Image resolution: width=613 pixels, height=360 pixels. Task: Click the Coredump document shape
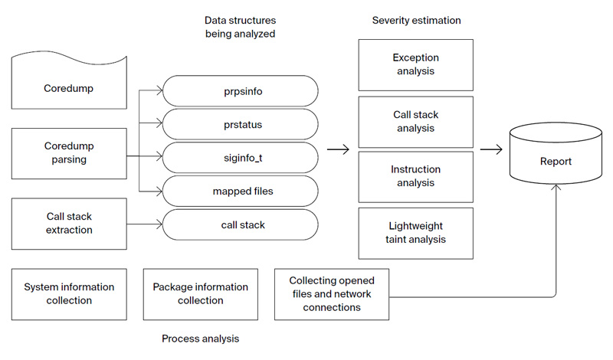click(69, 89)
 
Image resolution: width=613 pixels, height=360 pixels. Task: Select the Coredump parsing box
click(69, 154)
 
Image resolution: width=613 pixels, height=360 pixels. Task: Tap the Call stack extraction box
click(69, 224)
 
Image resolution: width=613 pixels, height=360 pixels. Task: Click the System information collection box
click(69, 294)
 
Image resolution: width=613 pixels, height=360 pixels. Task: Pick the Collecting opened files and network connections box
click(332, 294)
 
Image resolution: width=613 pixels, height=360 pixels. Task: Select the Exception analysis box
click(415, 64)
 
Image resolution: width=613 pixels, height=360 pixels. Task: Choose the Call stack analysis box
click(415, 121)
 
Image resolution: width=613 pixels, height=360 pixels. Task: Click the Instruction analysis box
click(415, 176)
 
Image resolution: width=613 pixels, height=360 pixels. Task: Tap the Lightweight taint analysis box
click(415, 233)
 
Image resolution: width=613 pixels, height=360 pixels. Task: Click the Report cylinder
click(556, 162)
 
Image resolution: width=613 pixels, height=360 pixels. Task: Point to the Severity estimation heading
click(416, 20)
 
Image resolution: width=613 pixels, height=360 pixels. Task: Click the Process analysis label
click(200, 338)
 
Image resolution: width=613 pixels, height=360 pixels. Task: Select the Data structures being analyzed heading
click(240, 26)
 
